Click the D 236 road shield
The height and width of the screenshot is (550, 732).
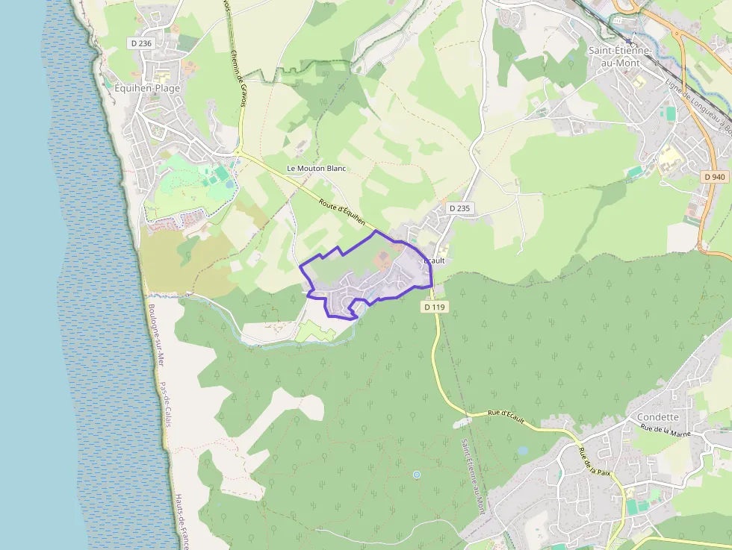(141, 43)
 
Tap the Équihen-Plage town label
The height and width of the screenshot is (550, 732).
(146, 87)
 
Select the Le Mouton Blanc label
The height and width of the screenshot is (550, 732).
(317, 169)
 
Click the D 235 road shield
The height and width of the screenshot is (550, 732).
(459, 208)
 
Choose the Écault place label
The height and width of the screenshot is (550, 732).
(434, 260)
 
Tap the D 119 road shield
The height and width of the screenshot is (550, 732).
(434, 306)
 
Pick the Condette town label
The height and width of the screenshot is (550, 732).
(658, 417)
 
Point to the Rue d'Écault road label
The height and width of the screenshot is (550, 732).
(506, 419)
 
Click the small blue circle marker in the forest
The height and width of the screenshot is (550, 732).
(417, 475)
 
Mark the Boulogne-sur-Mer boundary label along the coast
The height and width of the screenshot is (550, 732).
(155, 336)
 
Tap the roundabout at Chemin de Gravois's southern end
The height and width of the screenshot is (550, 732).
(238, 152)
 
